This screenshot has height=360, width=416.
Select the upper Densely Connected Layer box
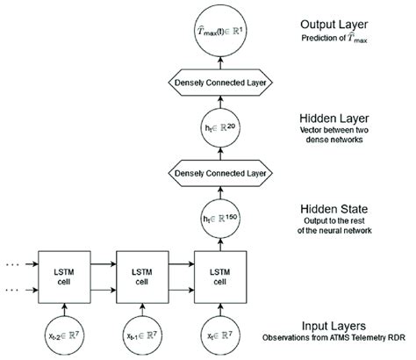[x=214, y=83]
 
